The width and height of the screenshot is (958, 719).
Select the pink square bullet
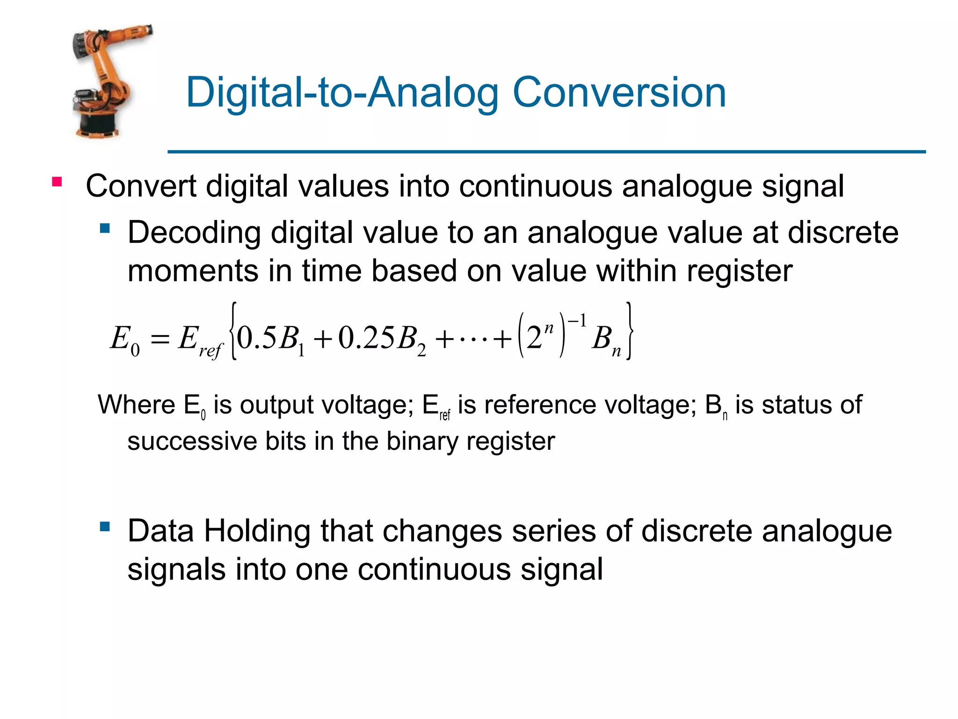point(57,182)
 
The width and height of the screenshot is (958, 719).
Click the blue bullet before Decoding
point(105,228)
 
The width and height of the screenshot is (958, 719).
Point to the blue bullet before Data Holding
point(105,527)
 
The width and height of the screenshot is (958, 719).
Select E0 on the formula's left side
point(124,339)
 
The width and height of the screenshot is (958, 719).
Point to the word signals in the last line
point(176,570)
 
